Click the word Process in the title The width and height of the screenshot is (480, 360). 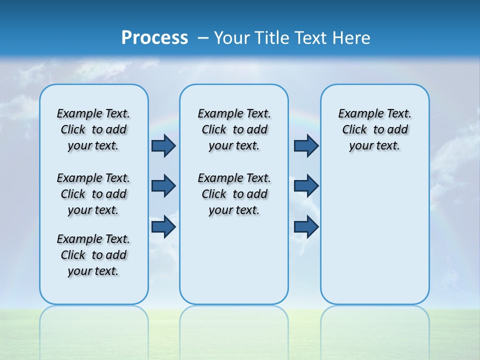coord(154,37)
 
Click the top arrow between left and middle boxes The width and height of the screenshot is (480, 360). coord(163,146)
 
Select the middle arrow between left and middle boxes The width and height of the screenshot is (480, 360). coord(163,186)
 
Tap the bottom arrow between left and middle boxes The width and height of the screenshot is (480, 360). coord(163,226)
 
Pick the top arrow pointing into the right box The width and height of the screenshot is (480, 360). coord(306,146)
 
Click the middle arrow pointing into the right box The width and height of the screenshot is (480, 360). coord(306,186)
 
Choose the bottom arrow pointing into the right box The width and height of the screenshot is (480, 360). coord(306,226)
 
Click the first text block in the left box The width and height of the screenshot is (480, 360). coord(93,129)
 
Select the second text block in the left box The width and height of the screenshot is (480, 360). coord(93,194)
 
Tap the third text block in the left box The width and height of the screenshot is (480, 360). coord(93,255)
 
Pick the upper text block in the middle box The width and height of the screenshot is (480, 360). coord(234,129)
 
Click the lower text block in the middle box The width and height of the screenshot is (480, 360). coord(234,194)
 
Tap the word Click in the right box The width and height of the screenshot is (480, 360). coord(354,130)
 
